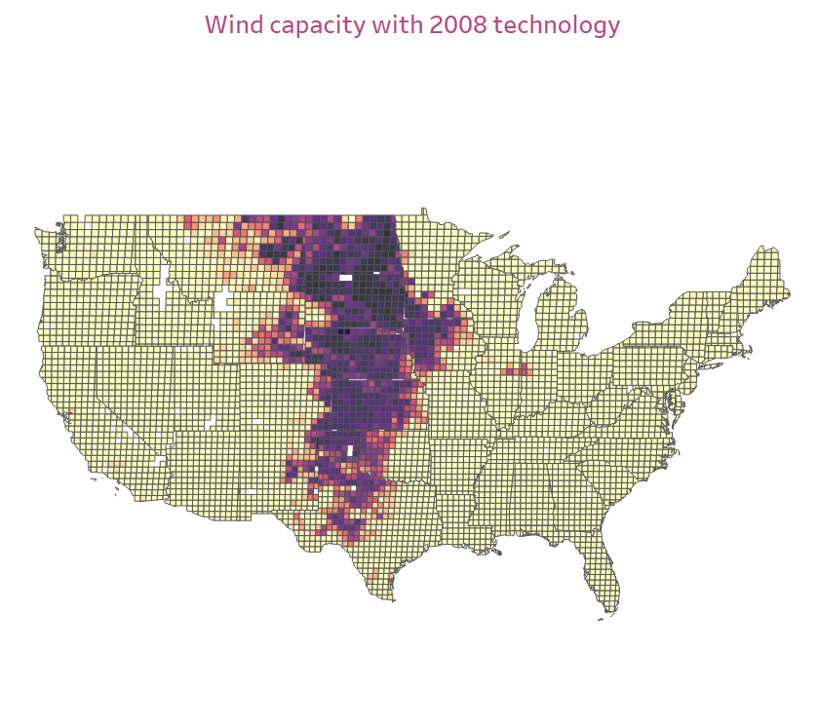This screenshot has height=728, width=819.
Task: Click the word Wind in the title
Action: coord(232,24)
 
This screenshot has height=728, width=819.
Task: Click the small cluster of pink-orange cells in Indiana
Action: coord(517,369)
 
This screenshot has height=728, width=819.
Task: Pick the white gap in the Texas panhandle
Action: coord(349,450)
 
